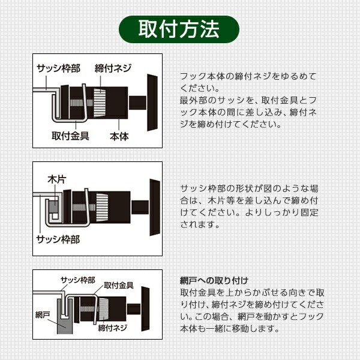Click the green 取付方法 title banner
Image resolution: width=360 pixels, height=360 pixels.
[x=179, y=29]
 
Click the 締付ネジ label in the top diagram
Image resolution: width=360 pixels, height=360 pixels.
[x=113, y=68]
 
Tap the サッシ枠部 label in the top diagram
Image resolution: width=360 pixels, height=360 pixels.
[x=59, y=68]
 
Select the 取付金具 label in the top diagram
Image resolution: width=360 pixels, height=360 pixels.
[x=70, y=136]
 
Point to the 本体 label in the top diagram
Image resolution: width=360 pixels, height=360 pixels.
[x=119, y=136]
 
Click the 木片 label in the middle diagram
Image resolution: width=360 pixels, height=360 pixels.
[x=57, y=179]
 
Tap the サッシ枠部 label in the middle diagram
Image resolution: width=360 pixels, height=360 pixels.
[x=58, y=239]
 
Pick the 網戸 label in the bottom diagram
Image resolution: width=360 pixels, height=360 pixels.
[x=43, y=314]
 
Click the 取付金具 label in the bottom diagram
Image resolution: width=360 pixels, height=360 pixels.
[x=118, y=286]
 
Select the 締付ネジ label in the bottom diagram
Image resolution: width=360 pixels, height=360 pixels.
[x=113, y=328]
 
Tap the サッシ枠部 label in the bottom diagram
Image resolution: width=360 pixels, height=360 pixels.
[x=77, y=280]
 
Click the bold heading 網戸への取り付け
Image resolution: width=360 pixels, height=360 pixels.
[x=214, y=281]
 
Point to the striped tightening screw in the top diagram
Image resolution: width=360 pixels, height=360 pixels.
[x=100, y=103]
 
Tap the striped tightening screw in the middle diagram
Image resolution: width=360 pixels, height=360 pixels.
[x=102, y=208]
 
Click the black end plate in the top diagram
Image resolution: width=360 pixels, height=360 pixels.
[x=152, y=103]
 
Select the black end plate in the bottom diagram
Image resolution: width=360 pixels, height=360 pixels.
[x=145, y=309]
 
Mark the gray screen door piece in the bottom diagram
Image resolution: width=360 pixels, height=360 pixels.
[x=65, y=317]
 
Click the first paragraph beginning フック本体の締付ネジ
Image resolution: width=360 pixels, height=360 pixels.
[x=248, y=100]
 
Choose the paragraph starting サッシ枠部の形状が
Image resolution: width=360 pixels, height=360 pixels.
[x=249, y=206]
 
